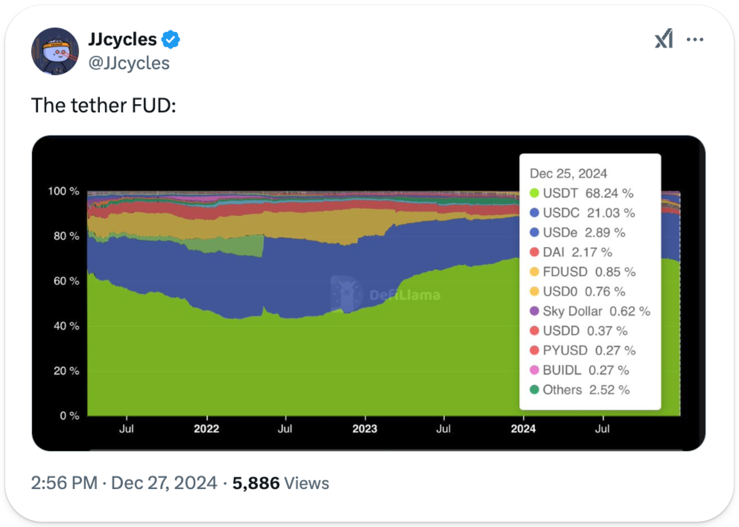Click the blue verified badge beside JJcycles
171,39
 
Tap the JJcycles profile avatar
55,51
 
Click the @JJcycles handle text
129,63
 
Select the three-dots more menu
695,39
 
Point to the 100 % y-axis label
64,191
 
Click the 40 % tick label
66,326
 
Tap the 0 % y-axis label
69,416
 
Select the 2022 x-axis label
206,429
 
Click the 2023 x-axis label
365,429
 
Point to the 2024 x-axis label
523,429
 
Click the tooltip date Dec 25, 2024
568,173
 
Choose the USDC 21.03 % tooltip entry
589,213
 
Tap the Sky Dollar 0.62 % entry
596,311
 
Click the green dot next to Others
535,390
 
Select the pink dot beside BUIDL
535,370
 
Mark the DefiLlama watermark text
405,295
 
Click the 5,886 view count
256,483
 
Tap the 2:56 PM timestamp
64,483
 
